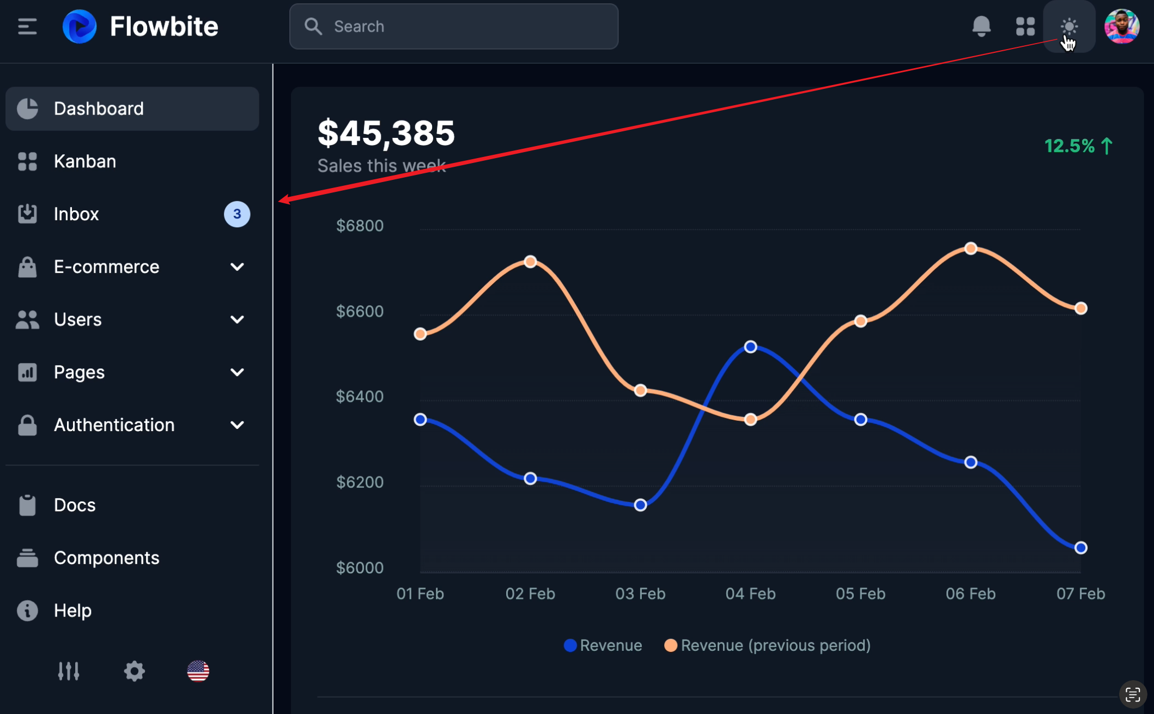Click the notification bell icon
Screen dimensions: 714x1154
pyautogui.click(x=981, y=26)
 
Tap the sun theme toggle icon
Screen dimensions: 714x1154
pyautogui.click(x=1069, y=26)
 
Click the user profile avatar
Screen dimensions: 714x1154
pyautogui.click(x=1121, y=26)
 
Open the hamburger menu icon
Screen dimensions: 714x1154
pyautogui.click(x=27, y=26)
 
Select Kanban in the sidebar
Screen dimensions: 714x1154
pyautogui.click(x=85, y=161)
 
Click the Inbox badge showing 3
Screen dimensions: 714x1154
pyautogui.click(x=237, y=214)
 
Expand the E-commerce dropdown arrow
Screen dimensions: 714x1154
pyautogui.click(x=237, y=267)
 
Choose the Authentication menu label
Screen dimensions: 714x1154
pyautogui.click(x=114, y=425)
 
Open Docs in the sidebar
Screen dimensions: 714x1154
pyautogui.click(x=75, y=505)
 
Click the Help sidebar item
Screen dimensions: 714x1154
pyautogui.click(x=72, y=610)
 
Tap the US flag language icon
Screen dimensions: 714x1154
pyautogui.click(x=198, y=671)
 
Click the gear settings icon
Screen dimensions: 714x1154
pyautogui.click(x=134, y=671)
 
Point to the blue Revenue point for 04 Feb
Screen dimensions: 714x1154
pyautogui.click(x=750, y=347)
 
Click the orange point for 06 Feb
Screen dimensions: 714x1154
pyautogui.click(x=970, y=249)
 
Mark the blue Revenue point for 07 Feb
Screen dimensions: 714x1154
pyautogui.click(x=1081, y=548)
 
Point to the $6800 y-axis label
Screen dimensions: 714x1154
pyautogui.click(x=360, y=226)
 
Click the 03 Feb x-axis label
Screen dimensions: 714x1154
pyautogui.click(x=640, y=594)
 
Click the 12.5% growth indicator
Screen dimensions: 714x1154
pyautogui.click(x=1078, y=146)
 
